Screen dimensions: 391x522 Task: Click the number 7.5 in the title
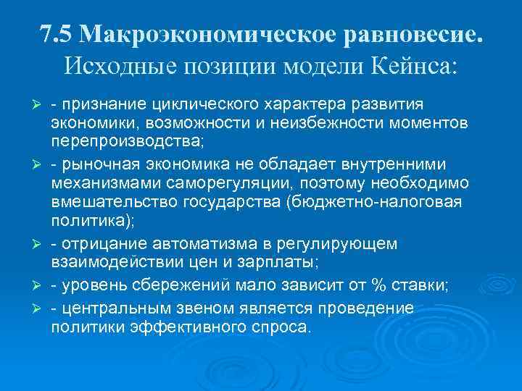point(57,34)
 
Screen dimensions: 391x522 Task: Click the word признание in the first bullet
point(98,104)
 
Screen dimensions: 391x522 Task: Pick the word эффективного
point(196,326)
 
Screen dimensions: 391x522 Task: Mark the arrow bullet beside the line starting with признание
point(41,104)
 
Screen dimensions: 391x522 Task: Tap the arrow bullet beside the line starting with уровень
point(41,285)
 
